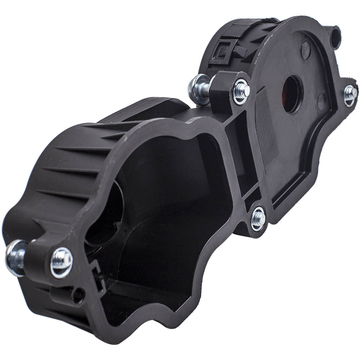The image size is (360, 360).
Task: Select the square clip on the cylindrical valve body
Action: coord(221,53)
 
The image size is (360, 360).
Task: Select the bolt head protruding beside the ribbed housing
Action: coord(15,257)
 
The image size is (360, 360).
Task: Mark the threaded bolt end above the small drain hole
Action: coord(62,262)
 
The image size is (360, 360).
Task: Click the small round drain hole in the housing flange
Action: coord(77,295)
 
